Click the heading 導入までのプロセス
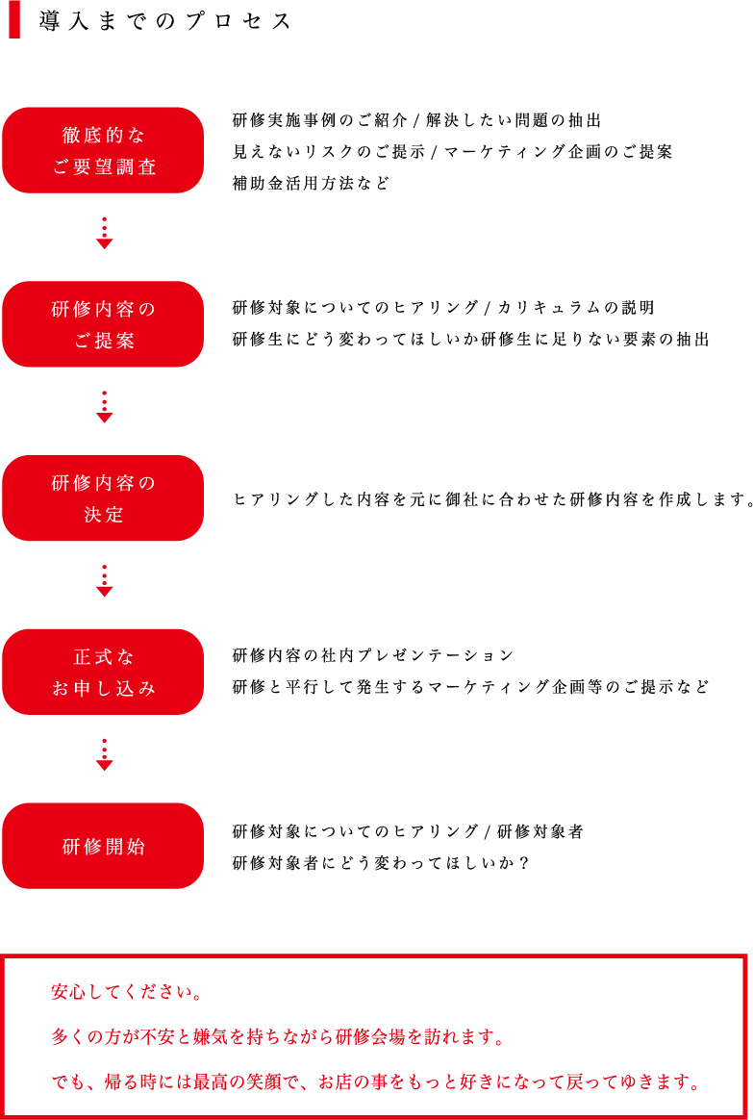click(x=164, y=21)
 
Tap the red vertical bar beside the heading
click(x=14, y=19)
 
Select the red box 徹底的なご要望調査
click(x=104, y=150)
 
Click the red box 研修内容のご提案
click(x=104, y=324)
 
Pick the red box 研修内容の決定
click(x=104, y=497)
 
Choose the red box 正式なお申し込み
click(x=104, y=673)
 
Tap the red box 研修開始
click(x=104, y=846)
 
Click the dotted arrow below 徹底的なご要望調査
click(x=104, y=233)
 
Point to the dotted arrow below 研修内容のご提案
click(x=104, y=407)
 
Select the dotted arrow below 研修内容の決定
click(x=104, y=581)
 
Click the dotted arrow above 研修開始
click(x=104, y=755)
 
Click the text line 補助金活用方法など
click(x=312, y=184)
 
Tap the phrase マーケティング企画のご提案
click(x=558, y=151)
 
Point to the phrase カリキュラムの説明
click(x=576, y=308)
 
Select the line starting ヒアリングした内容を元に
click(x=493, y=499)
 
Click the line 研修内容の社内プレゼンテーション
click(x=373, y=655)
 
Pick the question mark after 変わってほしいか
click(x=525, y=863)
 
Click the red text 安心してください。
click(x=127, y=992)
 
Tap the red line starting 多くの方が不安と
click(x=278, y=1037)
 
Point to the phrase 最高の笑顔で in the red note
click(x=246, y=1082)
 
